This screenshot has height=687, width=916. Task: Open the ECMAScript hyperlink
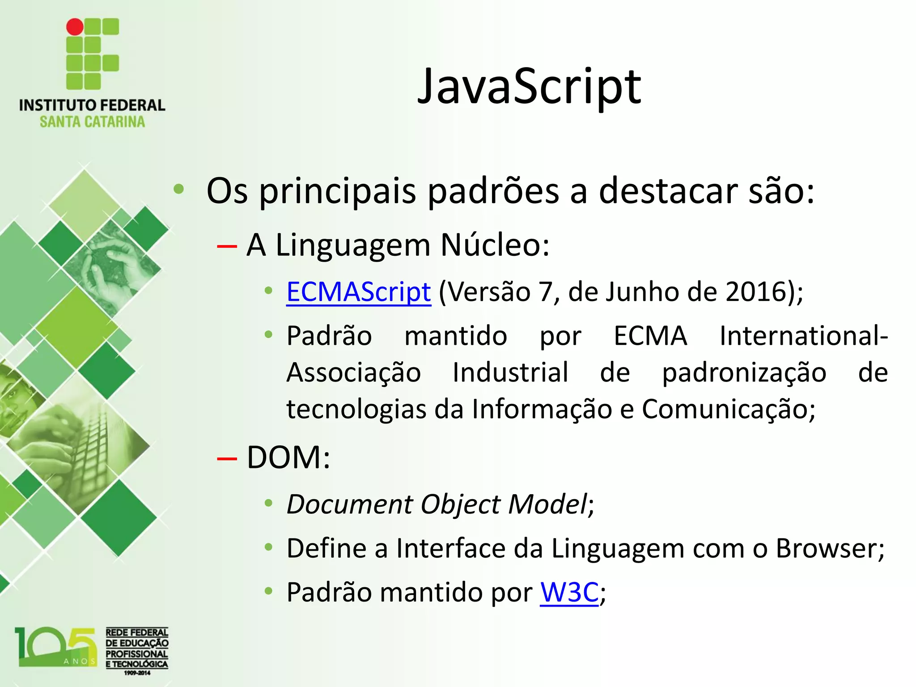(358, 292)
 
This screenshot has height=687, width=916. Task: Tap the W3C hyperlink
(568, 593)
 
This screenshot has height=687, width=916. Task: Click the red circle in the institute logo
(75, 27)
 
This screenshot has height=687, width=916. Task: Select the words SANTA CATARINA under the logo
(92, 122)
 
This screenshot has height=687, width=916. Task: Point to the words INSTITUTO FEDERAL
(92, 105)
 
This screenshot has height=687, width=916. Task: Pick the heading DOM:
(288, 458)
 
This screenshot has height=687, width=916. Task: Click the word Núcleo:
(495, 245)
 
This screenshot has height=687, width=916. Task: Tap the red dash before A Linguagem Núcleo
(226, 246)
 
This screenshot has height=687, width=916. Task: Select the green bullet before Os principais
(179, 190)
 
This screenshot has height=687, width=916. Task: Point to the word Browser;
(830, 548)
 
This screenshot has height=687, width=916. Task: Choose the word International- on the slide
(803, 336)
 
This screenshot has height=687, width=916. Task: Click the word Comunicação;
(729, 409)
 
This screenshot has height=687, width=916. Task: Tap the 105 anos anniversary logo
(56, 647)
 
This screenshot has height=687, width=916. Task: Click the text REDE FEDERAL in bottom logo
(137, 632)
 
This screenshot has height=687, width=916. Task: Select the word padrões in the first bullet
(492, 191)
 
